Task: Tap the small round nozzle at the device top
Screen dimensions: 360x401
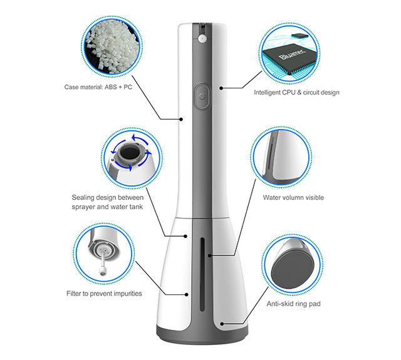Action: [202, 38]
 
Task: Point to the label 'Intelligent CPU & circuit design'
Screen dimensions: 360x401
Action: [296, 92]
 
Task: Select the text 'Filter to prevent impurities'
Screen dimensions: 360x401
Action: [104, 293]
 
